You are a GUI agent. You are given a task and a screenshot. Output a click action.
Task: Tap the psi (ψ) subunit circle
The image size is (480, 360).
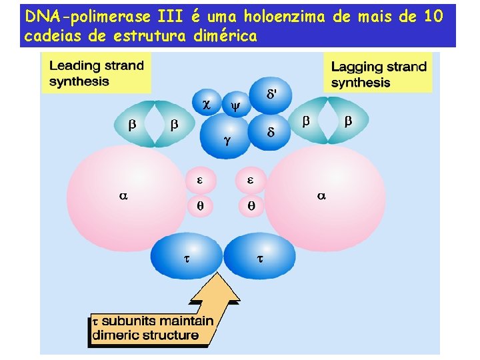[235, 105]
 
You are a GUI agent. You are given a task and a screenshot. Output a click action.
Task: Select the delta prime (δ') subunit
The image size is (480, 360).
[271, 95]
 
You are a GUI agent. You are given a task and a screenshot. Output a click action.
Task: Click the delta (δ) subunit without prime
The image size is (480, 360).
[270, 133]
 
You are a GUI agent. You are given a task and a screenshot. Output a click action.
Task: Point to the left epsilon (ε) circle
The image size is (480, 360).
[199, 180]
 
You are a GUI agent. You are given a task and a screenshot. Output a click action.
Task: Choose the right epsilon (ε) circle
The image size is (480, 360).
[251, 180]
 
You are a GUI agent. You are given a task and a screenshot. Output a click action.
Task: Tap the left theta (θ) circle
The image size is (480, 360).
[199, 206]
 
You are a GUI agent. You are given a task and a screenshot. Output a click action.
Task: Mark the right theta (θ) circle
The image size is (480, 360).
[251, 206]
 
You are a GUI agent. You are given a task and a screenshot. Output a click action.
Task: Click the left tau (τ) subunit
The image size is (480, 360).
[187, 257]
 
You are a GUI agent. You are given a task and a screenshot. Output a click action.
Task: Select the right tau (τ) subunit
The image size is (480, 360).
[260, 257]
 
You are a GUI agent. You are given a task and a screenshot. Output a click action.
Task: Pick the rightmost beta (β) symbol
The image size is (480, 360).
[347, 121]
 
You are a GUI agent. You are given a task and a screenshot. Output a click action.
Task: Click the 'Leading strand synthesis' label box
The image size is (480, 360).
[97, 73]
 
